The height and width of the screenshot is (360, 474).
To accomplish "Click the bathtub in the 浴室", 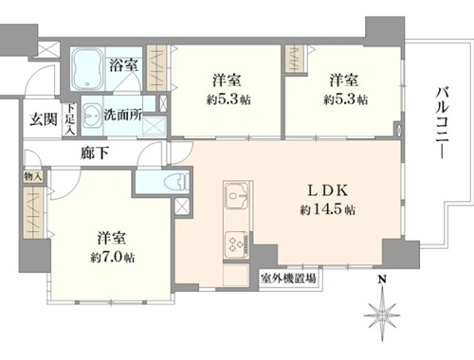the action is [88, 69].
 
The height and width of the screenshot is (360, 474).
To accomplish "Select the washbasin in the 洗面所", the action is [92, 116].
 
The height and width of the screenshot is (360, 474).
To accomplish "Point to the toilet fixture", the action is [176, 182].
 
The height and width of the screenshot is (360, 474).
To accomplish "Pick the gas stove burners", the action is [237, 243].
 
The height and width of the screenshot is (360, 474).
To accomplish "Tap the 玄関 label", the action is [44, 119].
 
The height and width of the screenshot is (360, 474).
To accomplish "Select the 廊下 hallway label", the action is [95, 153].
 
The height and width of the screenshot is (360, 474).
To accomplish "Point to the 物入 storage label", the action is [33, 176].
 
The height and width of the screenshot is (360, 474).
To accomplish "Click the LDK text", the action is [328, 190].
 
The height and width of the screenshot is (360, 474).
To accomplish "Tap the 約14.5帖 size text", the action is [327, 209].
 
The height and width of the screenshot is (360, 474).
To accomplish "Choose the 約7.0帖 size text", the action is [113, 258].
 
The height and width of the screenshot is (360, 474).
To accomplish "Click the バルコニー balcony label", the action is [443, 122].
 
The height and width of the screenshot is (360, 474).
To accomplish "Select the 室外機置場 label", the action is [288, 279].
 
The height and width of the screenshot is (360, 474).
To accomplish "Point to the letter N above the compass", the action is [382, 279].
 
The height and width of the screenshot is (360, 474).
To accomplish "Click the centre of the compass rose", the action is [382, 315].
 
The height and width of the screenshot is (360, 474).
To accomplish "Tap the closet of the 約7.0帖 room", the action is [33, 212].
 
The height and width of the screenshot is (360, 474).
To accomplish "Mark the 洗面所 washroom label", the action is [123, 116].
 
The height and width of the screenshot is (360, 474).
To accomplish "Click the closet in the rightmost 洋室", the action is [295, 59].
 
